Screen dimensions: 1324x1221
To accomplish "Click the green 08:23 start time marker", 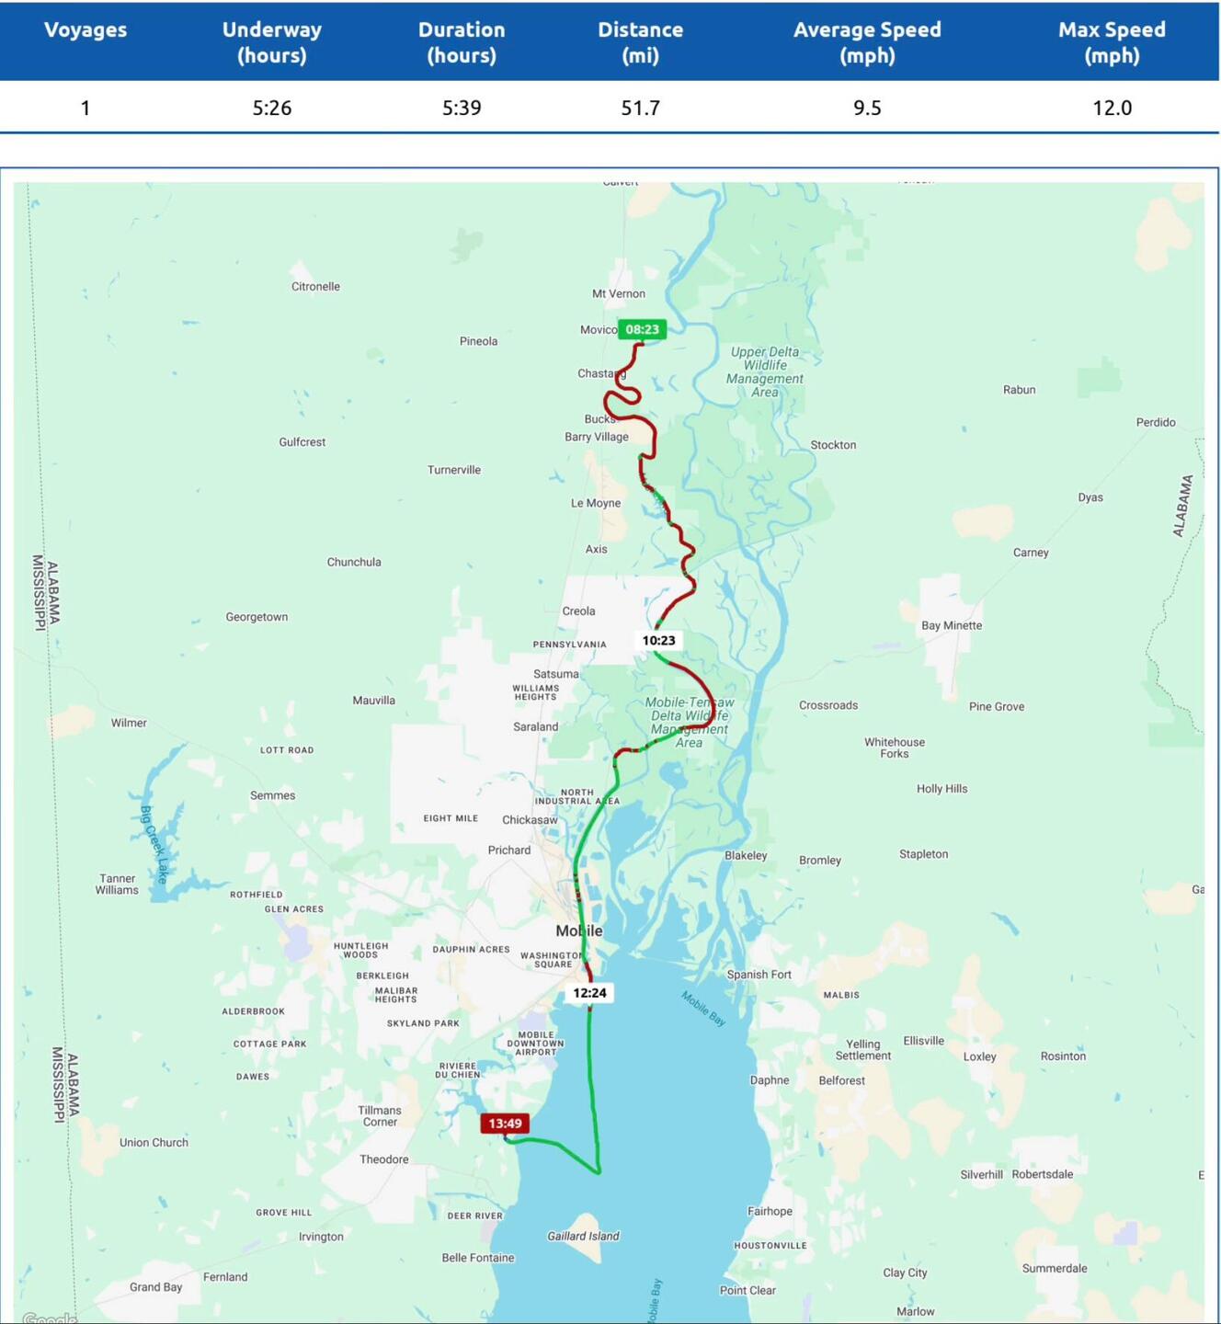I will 642,329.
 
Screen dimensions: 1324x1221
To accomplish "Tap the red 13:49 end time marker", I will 505,1123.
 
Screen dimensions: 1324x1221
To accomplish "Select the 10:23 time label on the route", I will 658,640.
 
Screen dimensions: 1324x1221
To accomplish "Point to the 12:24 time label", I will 589,993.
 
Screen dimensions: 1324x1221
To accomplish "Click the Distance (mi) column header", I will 640,42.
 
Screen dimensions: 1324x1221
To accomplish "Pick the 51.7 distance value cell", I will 640,108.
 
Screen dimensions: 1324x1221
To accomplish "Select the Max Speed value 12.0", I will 1112,108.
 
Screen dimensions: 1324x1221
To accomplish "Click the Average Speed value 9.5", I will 866,108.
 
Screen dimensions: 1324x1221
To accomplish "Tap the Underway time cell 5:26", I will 272,108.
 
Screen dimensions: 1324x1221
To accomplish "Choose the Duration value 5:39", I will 462,108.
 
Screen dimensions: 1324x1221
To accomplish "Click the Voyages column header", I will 86,29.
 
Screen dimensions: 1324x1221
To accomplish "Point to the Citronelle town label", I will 315,287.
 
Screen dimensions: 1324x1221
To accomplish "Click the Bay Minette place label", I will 952,626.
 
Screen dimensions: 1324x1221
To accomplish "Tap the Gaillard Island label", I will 583,1237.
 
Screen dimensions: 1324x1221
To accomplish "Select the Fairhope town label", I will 770,1212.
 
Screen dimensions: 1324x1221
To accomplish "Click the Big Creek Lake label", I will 154,844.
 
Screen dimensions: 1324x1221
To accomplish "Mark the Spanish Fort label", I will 759,975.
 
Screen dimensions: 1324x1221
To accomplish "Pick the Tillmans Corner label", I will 380,1116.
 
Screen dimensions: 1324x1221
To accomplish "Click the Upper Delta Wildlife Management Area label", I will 764,371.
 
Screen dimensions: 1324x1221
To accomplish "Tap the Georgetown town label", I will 257,617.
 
